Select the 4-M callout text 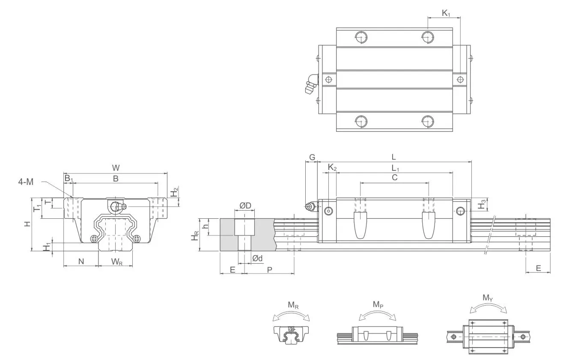pos(26,182)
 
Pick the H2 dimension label pos(174,193)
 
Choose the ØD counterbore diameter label pos(245,205)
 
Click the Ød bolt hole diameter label pos(257,258)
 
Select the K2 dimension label pos(332,167)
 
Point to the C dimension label pos(394,177)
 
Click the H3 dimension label pos(482,204)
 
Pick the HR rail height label pos(195,235)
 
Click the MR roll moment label pos(293,305)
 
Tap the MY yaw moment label pos(488,298)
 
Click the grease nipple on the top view pos(310,84)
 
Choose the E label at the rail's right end pos(538,268)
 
